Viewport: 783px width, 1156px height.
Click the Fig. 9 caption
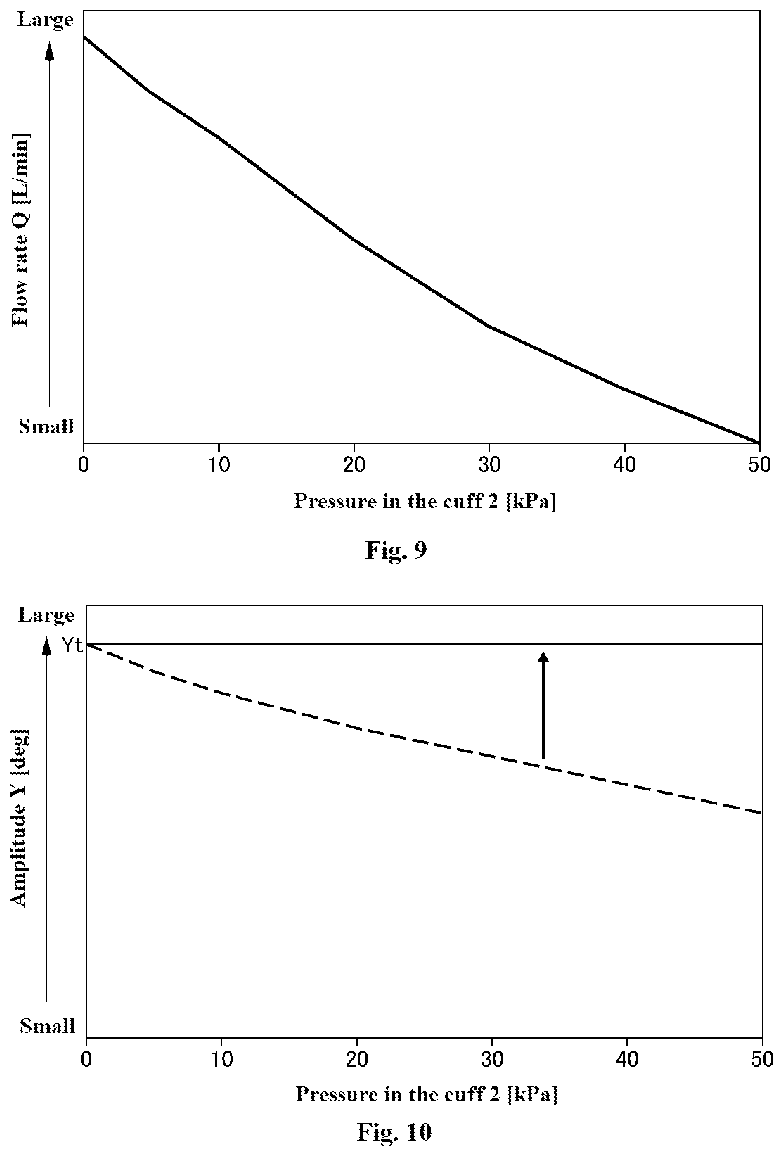(396, 550)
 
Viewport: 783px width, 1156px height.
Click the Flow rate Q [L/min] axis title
(21, 230)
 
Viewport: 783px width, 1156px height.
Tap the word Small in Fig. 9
(46, 427)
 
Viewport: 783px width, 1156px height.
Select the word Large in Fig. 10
(46, 616)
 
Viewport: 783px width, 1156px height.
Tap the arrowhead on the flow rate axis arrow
(49, 51)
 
